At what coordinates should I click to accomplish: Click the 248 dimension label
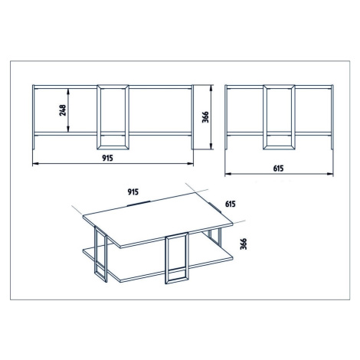[x=63, y=110]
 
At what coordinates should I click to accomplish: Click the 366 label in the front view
[x=205, y=117]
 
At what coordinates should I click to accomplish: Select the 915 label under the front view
[x=107, y=159]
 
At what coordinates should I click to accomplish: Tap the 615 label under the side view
[x=278, y=169]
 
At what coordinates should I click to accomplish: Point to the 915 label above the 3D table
[x=133, y=191]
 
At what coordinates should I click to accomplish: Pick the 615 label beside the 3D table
[x=231, y=204]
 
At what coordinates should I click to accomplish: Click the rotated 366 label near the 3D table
[x=244, y=244]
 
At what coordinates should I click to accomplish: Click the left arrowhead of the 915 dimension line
[x=36, y=163]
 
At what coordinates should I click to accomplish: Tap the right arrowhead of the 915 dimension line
[x=190, y=163]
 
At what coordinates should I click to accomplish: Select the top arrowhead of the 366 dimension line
[x=211, y=88]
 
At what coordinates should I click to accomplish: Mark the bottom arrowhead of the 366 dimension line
[x=211, y=146]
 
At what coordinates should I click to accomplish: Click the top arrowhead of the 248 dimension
[x=68, y=91]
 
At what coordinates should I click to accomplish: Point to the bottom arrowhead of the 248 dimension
[x=68, y=129]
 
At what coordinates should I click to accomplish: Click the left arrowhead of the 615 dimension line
[x=228, y=174]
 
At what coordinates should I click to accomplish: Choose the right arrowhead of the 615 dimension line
[x=330, y=174]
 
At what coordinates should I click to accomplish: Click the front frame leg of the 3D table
[x=166, y=259]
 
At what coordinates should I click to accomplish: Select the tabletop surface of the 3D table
[x=158, y=220]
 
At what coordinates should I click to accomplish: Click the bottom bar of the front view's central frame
[x=113, y=148]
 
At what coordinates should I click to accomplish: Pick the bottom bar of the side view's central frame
[x=279, y=148]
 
